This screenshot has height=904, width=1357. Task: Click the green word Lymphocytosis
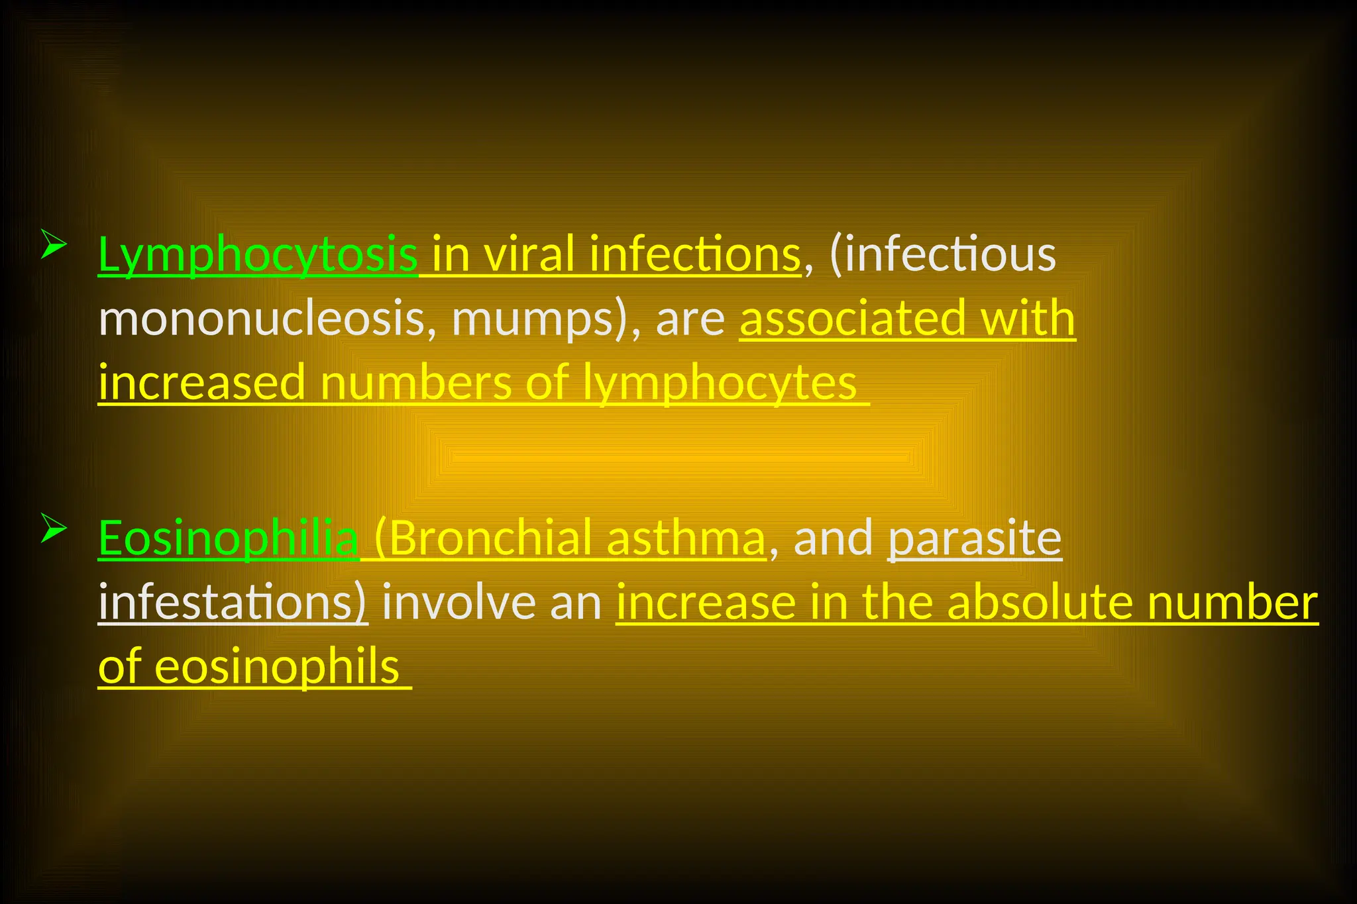click(257, 254)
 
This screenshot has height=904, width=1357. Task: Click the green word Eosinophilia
click(228, 538)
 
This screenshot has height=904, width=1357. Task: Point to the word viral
click(529, 254)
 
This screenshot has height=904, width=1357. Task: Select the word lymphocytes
click(720, 383)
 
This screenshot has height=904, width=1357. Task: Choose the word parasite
click(974, 538)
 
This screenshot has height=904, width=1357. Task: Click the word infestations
click(232, 603)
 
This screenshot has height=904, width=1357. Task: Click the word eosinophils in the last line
click(277, 667)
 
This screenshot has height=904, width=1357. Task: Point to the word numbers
click(416, 383)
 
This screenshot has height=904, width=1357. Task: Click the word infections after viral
click(694, 254)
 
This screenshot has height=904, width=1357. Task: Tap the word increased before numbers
click(201, 383)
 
